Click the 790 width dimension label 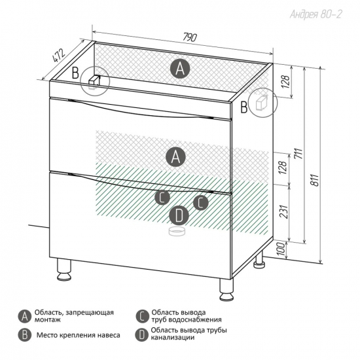tap(190, 37)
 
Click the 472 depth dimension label tap(59, 56)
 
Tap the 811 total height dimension tap(315, 180)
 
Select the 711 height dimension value tap(299, 153)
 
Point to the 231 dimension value tap(284, 211)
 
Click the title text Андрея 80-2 tap(315, 14)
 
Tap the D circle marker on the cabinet tap(179, 215)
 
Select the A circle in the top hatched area tap(180, 69)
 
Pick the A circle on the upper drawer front tap(175, 157)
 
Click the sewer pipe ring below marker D tap(177, 231)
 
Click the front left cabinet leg tap(64, 270)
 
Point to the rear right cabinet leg tap(259, 259)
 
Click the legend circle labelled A tap(24, 317)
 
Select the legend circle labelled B tap(24, 335)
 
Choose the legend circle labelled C tap(142, 317)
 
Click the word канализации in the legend tap(173, 338)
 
